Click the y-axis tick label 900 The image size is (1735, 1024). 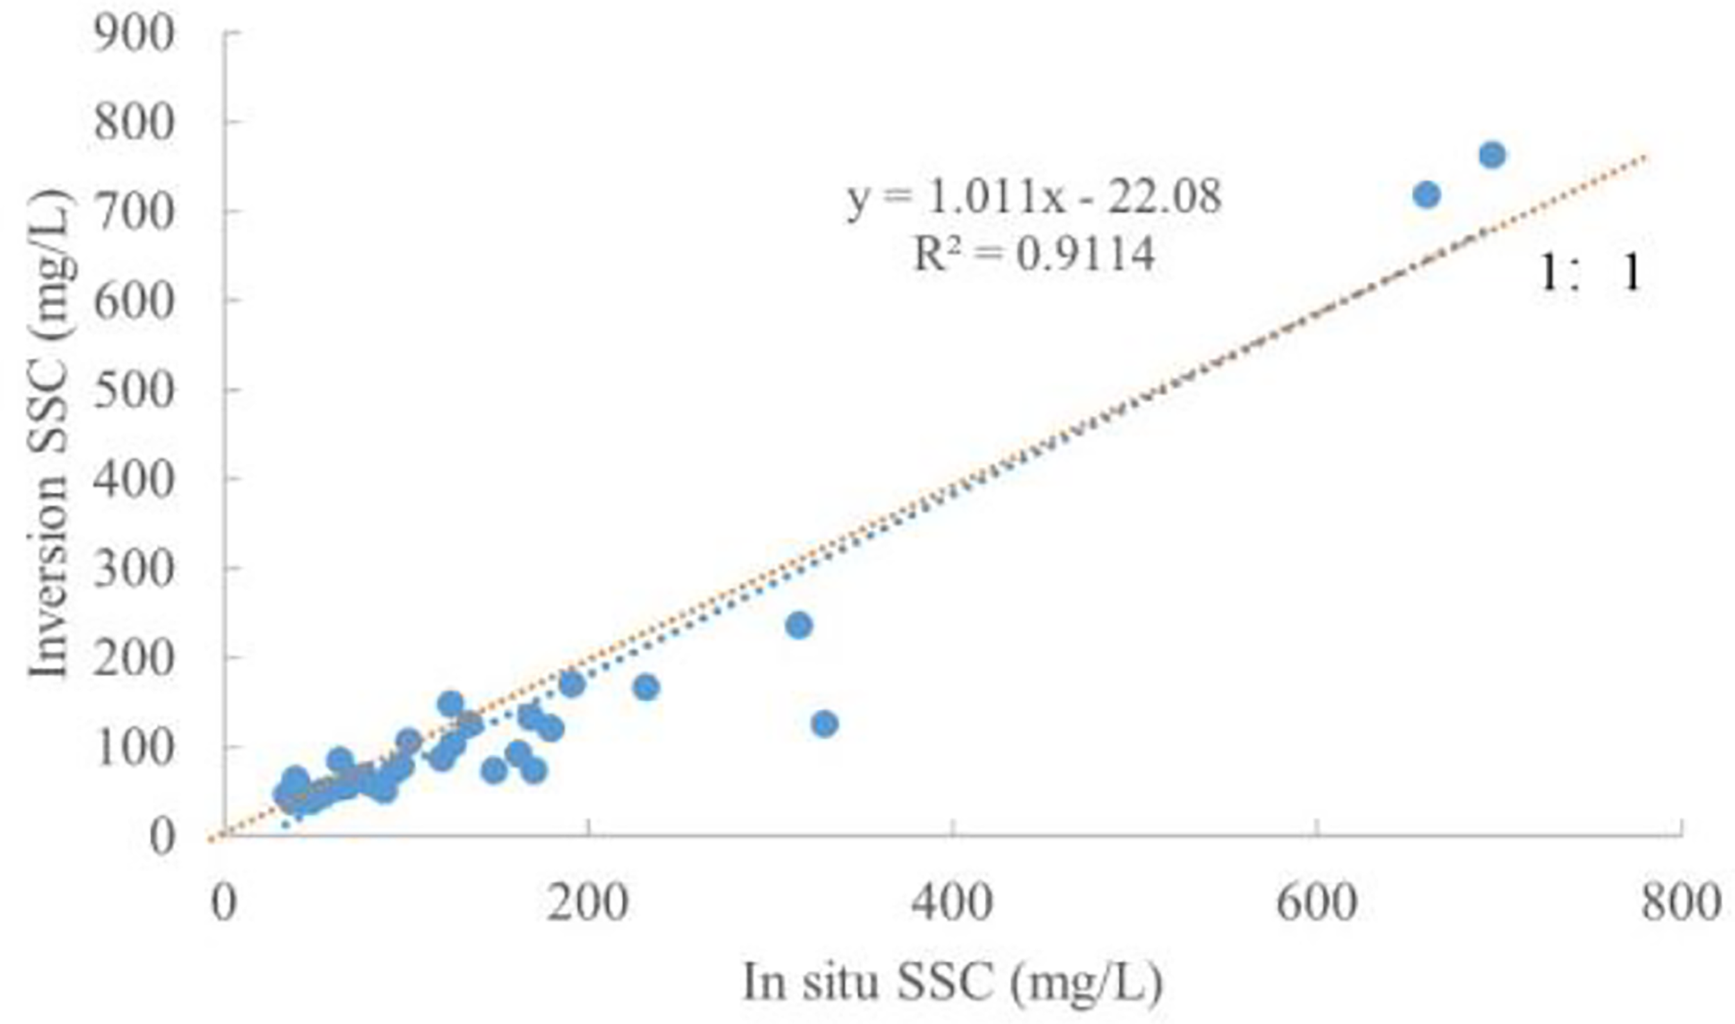[133, 35]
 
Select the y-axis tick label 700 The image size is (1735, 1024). [133, 211]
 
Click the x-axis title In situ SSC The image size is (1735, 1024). [951, 983]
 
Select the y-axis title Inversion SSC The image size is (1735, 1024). [49, 434]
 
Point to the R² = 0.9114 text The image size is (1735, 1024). [1034, 254]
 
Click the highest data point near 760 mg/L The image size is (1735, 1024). [1492, 155]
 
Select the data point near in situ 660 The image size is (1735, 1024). [1426, 195]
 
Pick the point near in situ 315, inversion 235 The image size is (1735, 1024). [799, 626]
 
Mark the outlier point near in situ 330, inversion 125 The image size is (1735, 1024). [824, 724]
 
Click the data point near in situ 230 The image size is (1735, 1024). [646, 687]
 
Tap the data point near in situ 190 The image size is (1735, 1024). [572, 685]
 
